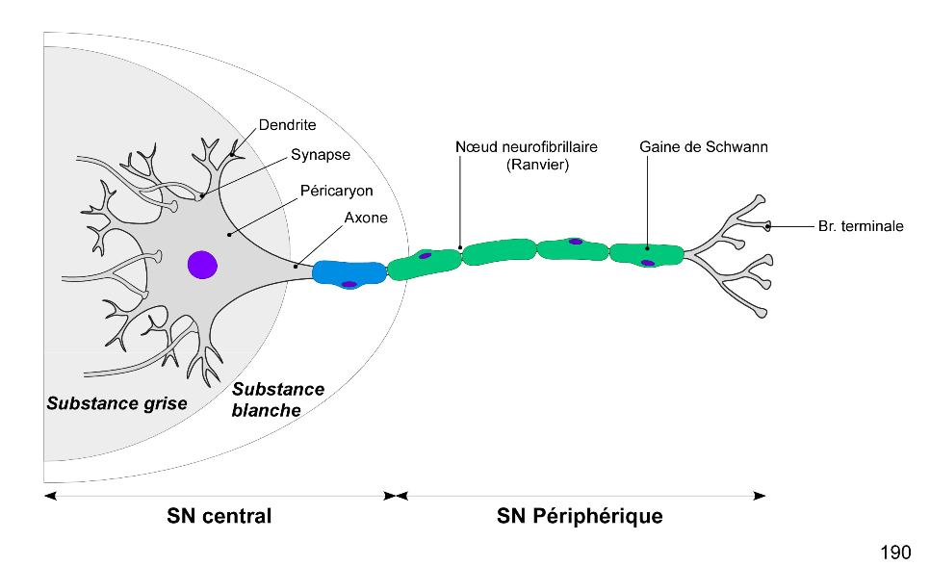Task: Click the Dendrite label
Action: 287,125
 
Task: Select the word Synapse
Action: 321,154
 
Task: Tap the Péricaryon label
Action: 336,191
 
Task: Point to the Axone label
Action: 366,218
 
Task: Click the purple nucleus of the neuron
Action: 202,264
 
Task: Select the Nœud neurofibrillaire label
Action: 526,147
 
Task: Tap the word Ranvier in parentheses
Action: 527,165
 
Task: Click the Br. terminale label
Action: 861,226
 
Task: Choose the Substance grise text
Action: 116,402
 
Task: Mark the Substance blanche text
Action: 278,399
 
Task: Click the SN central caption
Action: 220,516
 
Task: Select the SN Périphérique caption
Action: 580,516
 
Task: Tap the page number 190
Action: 895,552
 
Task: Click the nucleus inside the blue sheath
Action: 349,284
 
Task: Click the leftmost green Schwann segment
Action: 425,262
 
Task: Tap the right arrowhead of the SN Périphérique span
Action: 761,496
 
